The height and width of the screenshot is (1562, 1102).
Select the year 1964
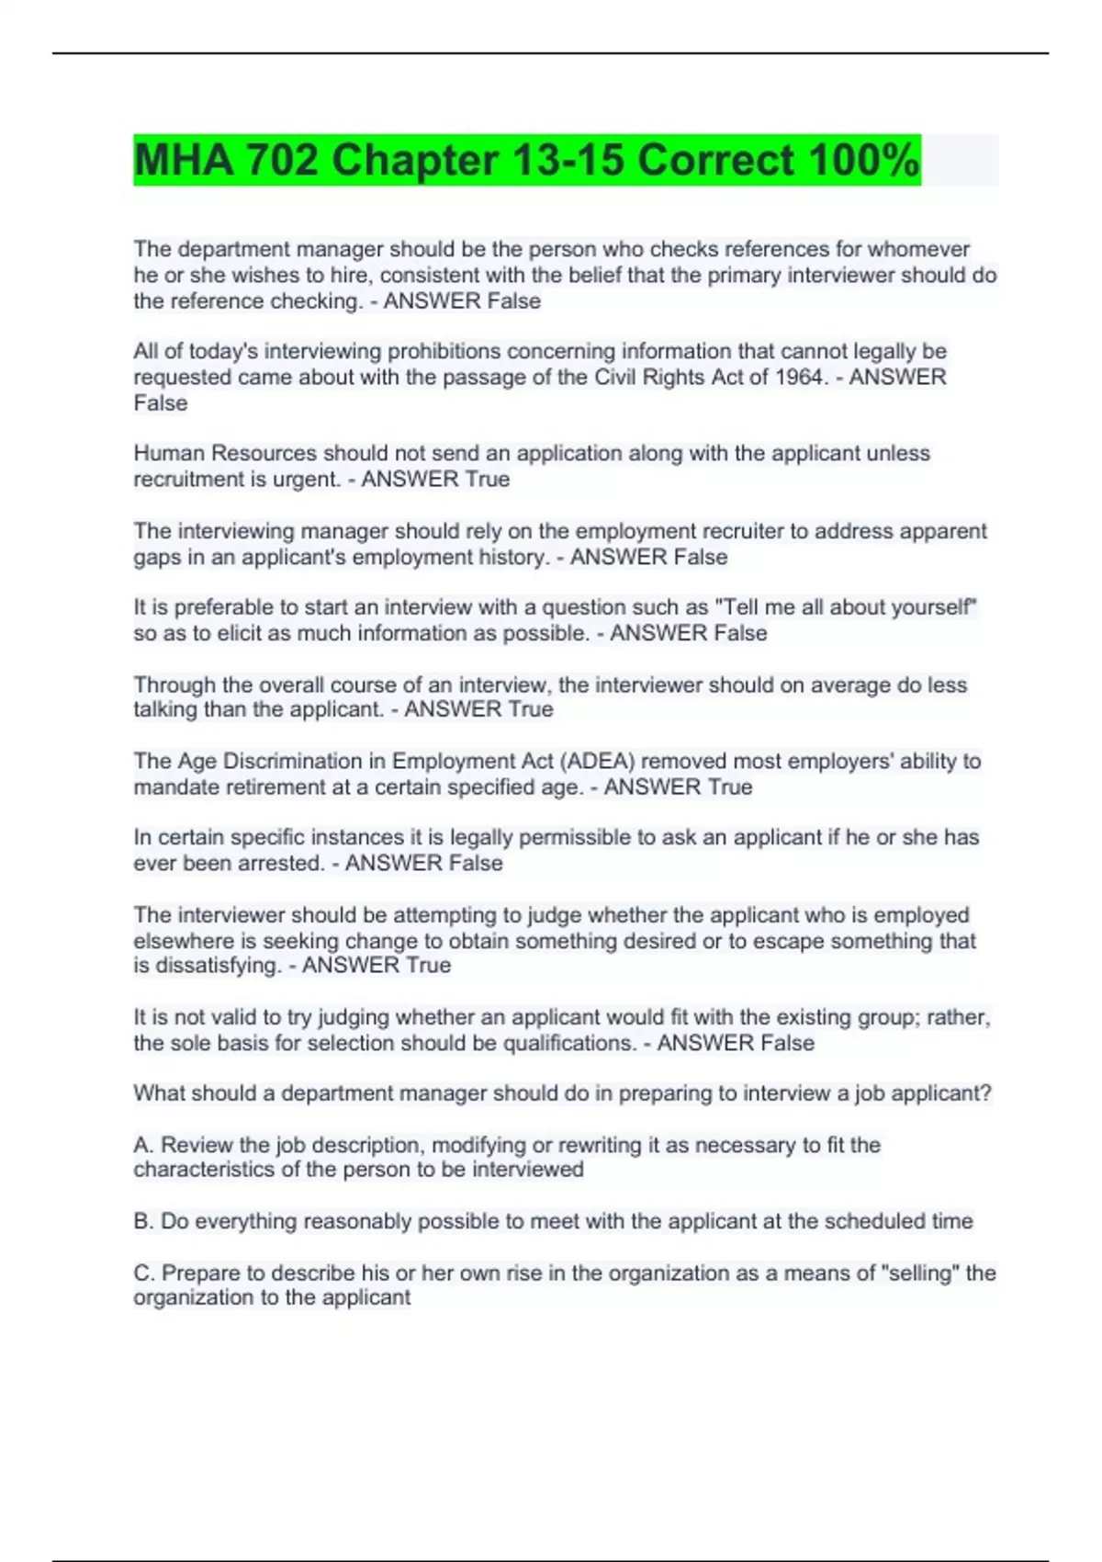[x=799, y=378]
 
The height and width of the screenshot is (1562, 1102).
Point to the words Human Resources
[x=225, y=454]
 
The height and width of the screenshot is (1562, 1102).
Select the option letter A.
[x=142, y=1146]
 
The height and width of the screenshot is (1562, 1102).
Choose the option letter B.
[x=142, y=1222]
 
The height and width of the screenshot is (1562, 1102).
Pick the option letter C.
[x=143, y=1273]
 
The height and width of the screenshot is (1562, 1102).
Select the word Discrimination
[x=304, y=762]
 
